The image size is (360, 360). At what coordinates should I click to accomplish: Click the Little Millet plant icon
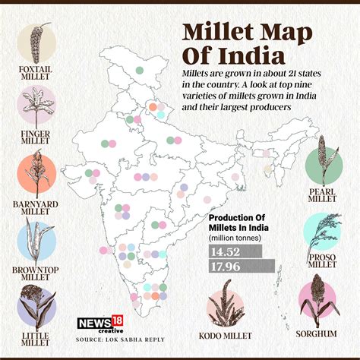(x=36, y=308)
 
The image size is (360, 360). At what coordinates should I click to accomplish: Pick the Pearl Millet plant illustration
(x=324, y=161)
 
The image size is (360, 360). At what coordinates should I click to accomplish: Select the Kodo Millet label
(x=232, y=334)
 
